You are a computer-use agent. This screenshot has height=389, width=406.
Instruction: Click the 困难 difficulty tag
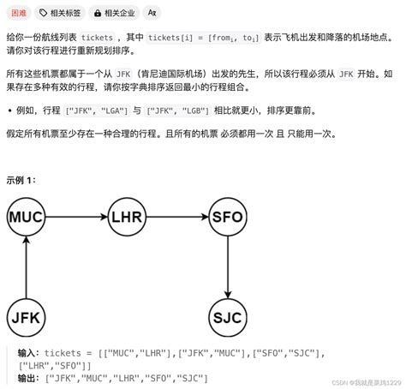[x=18, y=13]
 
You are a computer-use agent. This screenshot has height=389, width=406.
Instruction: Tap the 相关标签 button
[x=62, y=13]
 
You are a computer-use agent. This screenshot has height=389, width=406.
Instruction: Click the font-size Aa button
[x=152, y=13]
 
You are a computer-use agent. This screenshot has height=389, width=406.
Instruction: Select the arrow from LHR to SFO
[x=177, y=217]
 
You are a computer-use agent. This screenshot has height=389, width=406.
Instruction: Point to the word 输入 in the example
[x=28, y=353]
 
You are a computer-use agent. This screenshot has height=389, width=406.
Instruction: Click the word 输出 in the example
[x=28, y=378]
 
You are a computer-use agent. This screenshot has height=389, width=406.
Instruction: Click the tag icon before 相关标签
[x=44, y=13]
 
